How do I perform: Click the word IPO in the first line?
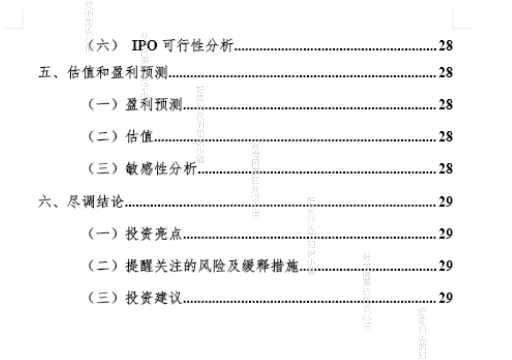tap(144, 46)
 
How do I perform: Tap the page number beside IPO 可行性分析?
tap(446, 46)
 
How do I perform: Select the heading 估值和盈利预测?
tap(118, 73)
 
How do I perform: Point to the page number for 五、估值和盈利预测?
tap(446, 73)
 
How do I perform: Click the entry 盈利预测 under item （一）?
tap(154, 105)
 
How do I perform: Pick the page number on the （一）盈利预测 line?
tap(446, 105)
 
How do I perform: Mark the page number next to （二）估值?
tap(446, 137)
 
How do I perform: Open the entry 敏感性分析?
tap(161, 169)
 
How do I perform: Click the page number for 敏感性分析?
tap(446, 169)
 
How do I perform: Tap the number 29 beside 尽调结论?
tap(446, 202)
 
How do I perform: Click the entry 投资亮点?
tap(154, 234)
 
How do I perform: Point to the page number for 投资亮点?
tap(446, 234)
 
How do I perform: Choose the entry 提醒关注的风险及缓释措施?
tap(212, 266)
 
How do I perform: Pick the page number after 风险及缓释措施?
tap(446, 266)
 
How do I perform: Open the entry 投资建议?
tap(154, 298)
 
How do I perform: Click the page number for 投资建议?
tap(446, 298)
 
